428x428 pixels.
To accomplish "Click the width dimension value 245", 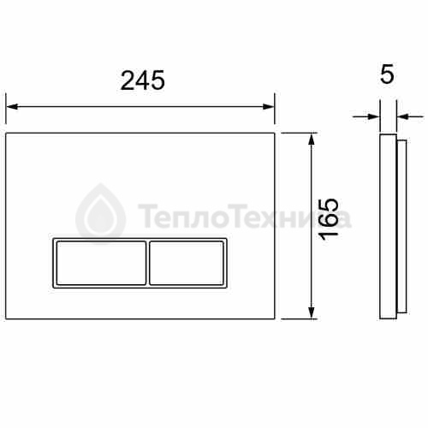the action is [142, 80].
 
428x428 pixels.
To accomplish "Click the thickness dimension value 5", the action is [388, 74].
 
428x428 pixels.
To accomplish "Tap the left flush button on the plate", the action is [101, 263].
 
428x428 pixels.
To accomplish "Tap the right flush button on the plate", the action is [187, 263].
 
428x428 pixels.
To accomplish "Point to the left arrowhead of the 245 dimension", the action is [12, 107].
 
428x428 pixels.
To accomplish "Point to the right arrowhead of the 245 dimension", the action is [269, 107].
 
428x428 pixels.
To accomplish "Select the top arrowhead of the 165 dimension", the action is [312, 139].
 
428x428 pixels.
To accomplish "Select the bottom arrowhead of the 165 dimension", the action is [312, 312].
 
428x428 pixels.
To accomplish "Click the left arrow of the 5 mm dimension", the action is [366, 116].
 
